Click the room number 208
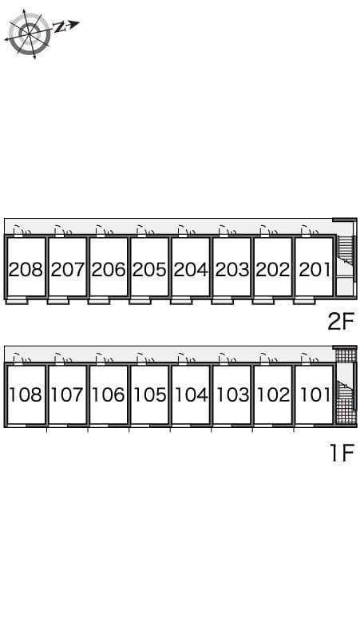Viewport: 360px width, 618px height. tap(26, 269)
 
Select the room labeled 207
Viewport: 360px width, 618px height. tap(67, 269)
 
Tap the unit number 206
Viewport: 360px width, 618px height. tap(109, 269)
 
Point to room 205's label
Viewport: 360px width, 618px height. tap(149, 269)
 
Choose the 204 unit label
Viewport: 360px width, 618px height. tap(191, 269)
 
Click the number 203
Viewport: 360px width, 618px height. tap(231, 269)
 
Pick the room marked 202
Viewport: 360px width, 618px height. tap(273, 269)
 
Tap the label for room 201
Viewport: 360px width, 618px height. tap(314, 269)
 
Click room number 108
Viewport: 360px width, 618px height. tap(26, 394)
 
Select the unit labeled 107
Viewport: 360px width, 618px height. tap(67, 394)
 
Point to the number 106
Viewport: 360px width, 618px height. tap(109, 394)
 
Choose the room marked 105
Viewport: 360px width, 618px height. tap(149, 394)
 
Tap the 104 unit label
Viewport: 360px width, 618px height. tap(191, 394)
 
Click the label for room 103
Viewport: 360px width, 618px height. tap(231, 394)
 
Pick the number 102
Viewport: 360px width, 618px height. tap(273, 394)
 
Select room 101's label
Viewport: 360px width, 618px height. tap(314, 394)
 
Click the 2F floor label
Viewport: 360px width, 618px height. tap(340, 322)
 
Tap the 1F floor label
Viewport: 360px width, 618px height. tap(341, 454)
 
